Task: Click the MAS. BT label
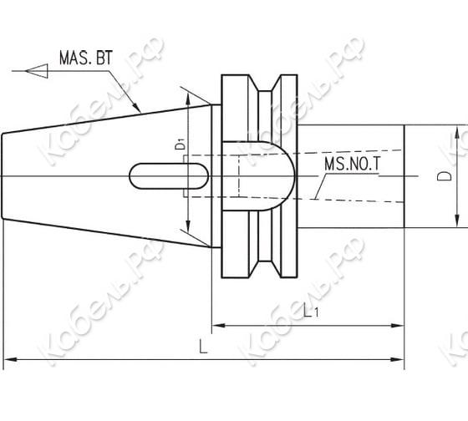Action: click(x=86, y=58)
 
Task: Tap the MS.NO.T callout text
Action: click(x=353, y=164)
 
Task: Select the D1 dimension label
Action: click(x=181, y=145)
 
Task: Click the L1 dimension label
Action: click(x=311, y=311)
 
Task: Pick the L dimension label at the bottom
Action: click(x=203, y=347)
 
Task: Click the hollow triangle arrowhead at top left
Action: click(x=37, y=71)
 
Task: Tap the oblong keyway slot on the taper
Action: click(x=169, y=176)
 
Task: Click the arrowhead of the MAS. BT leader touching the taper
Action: click(x=136, y=107)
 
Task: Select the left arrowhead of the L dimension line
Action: click(x=9, y=359)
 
